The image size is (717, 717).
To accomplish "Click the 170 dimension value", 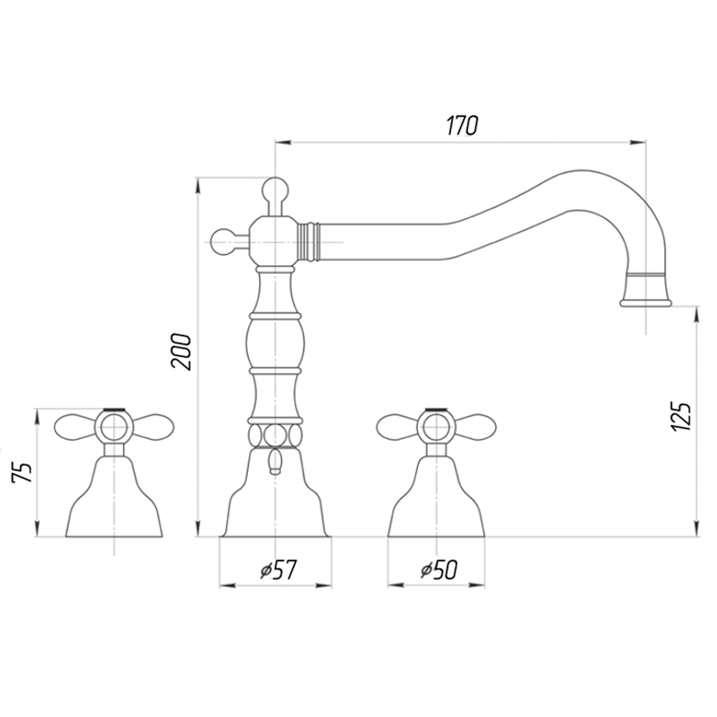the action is click(x=462, y=125).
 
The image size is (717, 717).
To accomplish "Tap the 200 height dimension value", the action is click(x=181, y=351).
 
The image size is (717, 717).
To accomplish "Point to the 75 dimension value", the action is click(x=22, y=472).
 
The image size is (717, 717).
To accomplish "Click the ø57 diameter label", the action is click(x=278, y=570).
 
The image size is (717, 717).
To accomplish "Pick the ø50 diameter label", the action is click(x=439, y=570).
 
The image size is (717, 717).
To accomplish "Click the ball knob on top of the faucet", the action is click(x=275, y=190).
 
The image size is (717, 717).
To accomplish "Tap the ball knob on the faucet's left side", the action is click(x=223, y=240).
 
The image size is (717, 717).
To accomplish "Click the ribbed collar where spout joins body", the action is click(x=308, y=242).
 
